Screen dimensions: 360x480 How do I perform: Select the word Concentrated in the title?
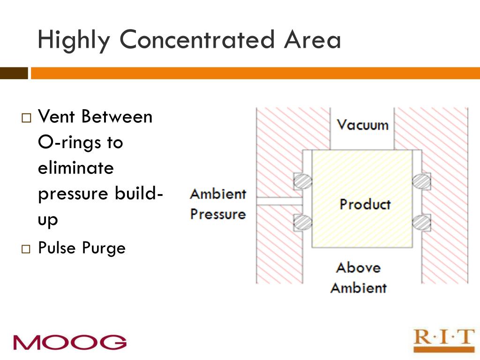point(196,39)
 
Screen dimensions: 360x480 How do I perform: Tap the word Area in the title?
point(312,39)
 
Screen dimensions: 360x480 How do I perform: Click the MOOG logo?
point(70,342)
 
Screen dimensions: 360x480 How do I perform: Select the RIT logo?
point(443,339)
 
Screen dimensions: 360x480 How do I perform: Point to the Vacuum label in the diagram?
point(363,125)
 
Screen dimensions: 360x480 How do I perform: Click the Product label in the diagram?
point(365,204)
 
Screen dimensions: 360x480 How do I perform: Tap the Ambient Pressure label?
point(218,204)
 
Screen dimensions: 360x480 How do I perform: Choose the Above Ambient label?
point(359,277)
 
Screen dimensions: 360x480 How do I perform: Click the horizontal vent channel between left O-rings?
point(279,202)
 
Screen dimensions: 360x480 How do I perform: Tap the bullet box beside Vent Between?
point(26,117)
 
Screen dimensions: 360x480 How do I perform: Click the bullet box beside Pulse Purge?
point(26,249)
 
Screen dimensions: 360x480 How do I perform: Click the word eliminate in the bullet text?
point(76,167)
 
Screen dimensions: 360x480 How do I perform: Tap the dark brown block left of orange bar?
point(14,73)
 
